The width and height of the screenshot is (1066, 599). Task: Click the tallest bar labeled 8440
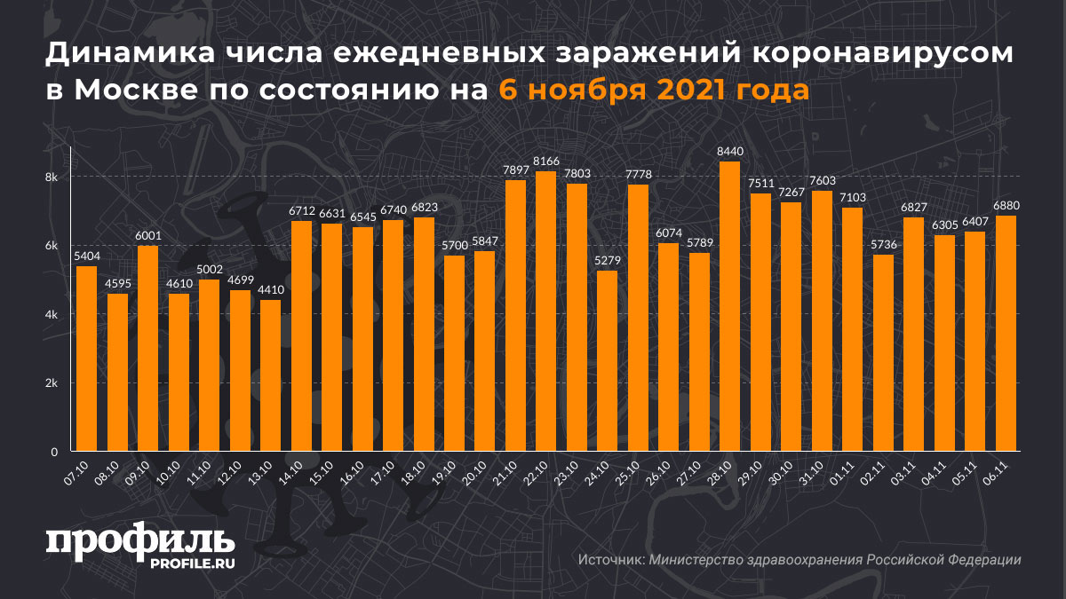729,306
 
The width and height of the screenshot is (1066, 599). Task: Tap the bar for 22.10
545,311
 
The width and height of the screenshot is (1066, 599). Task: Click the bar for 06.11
1006,333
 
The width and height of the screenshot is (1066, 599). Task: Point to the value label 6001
147,236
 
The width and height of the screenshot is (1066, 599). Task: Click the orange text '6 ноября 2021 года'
653,90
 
